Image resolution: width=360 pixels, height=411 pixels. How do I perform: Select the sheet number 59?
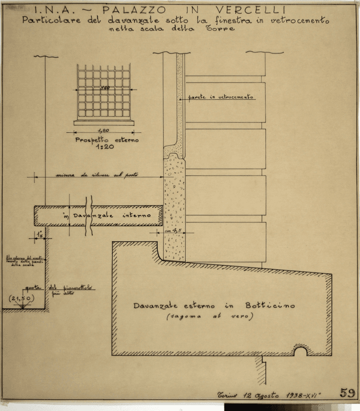[x=347, y=393]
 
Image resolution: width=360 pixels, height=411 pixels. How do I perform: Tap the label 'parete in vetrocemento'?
[x=220, y=97]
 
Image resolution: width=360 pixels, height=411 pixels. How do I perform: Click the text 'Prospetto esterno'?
[x=106, y=140]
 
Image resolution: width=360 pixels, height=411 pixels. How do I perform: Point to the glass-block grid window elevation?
[x=103, y=91]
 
